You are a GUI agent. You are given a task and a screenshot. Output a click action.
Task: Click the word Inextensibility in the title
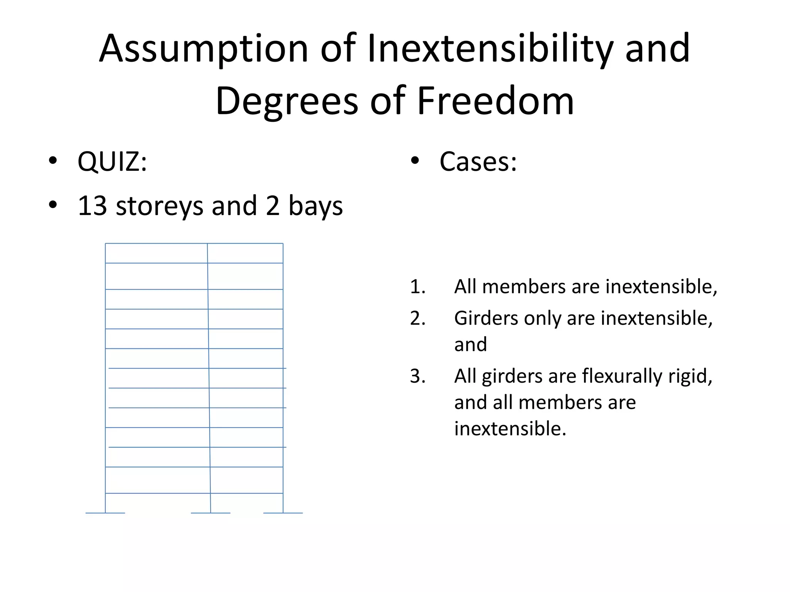490,49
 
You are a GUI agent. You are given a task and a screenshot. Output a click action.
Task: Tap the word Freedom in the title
495,101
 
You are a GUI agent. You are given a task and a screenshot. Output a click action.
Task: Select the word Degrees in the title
287,101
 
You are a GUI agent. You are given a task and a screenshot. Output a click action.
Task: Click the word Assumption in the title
203,49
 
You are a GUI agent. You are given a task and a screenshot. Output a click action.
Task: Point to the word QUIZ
112,161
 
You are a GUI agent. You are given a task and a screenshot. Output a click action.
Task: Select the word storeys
159,206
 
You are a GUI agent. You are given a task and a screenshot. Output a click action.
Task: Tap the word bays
316,206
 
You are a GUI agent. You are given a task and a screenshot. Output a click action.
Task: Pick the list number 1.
417,287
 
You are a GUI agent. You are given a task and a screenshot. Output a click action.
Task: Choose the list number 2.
417,318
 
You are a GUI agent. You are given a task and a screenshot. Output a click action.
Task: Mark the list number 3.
417,376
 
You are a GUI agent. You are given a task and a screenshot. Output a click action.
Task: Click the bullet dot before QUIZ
53,160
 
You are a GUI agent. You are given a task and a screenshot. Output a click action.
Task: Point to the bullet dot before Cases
415,160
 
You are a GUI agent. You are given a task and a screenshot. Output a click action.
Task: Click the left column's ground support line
105,513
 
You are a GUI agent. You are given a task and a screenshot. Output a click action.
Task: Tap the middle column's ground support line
211,513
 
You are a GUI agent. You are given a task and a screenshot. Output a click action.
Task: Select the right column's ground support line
283,513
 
